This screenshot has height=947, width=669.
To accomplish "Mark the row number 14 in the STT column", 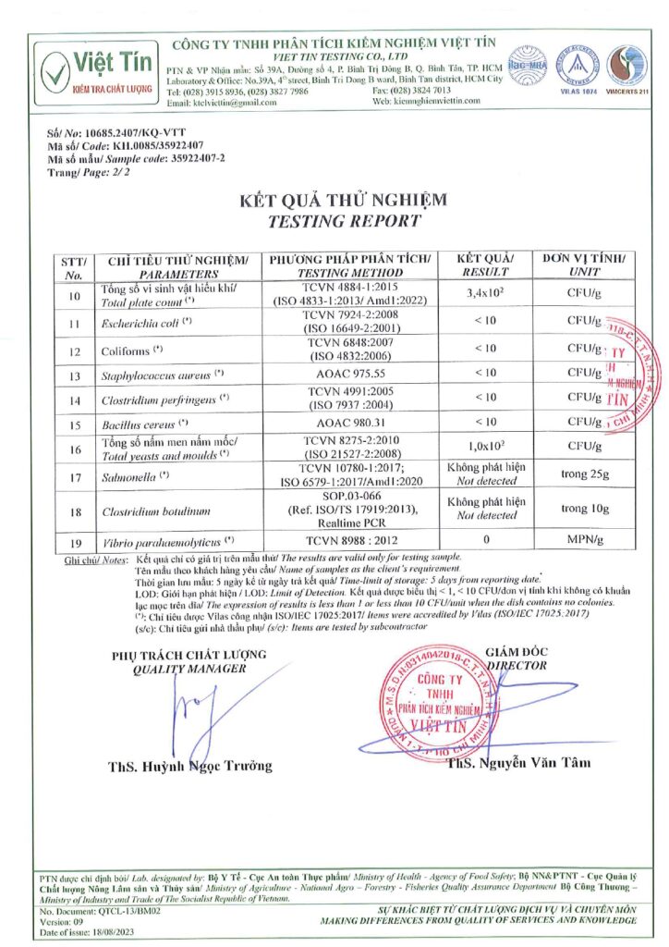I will (x=75, y=401).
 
